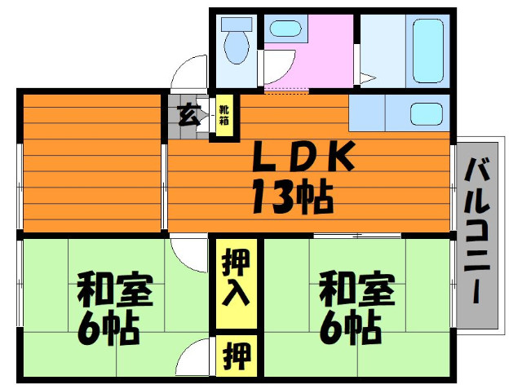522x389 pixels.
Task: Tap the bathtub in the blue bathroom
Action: click(x=427, y=49)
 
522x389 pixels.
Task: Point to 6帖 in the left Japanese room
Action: click(x=109, y=329)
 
